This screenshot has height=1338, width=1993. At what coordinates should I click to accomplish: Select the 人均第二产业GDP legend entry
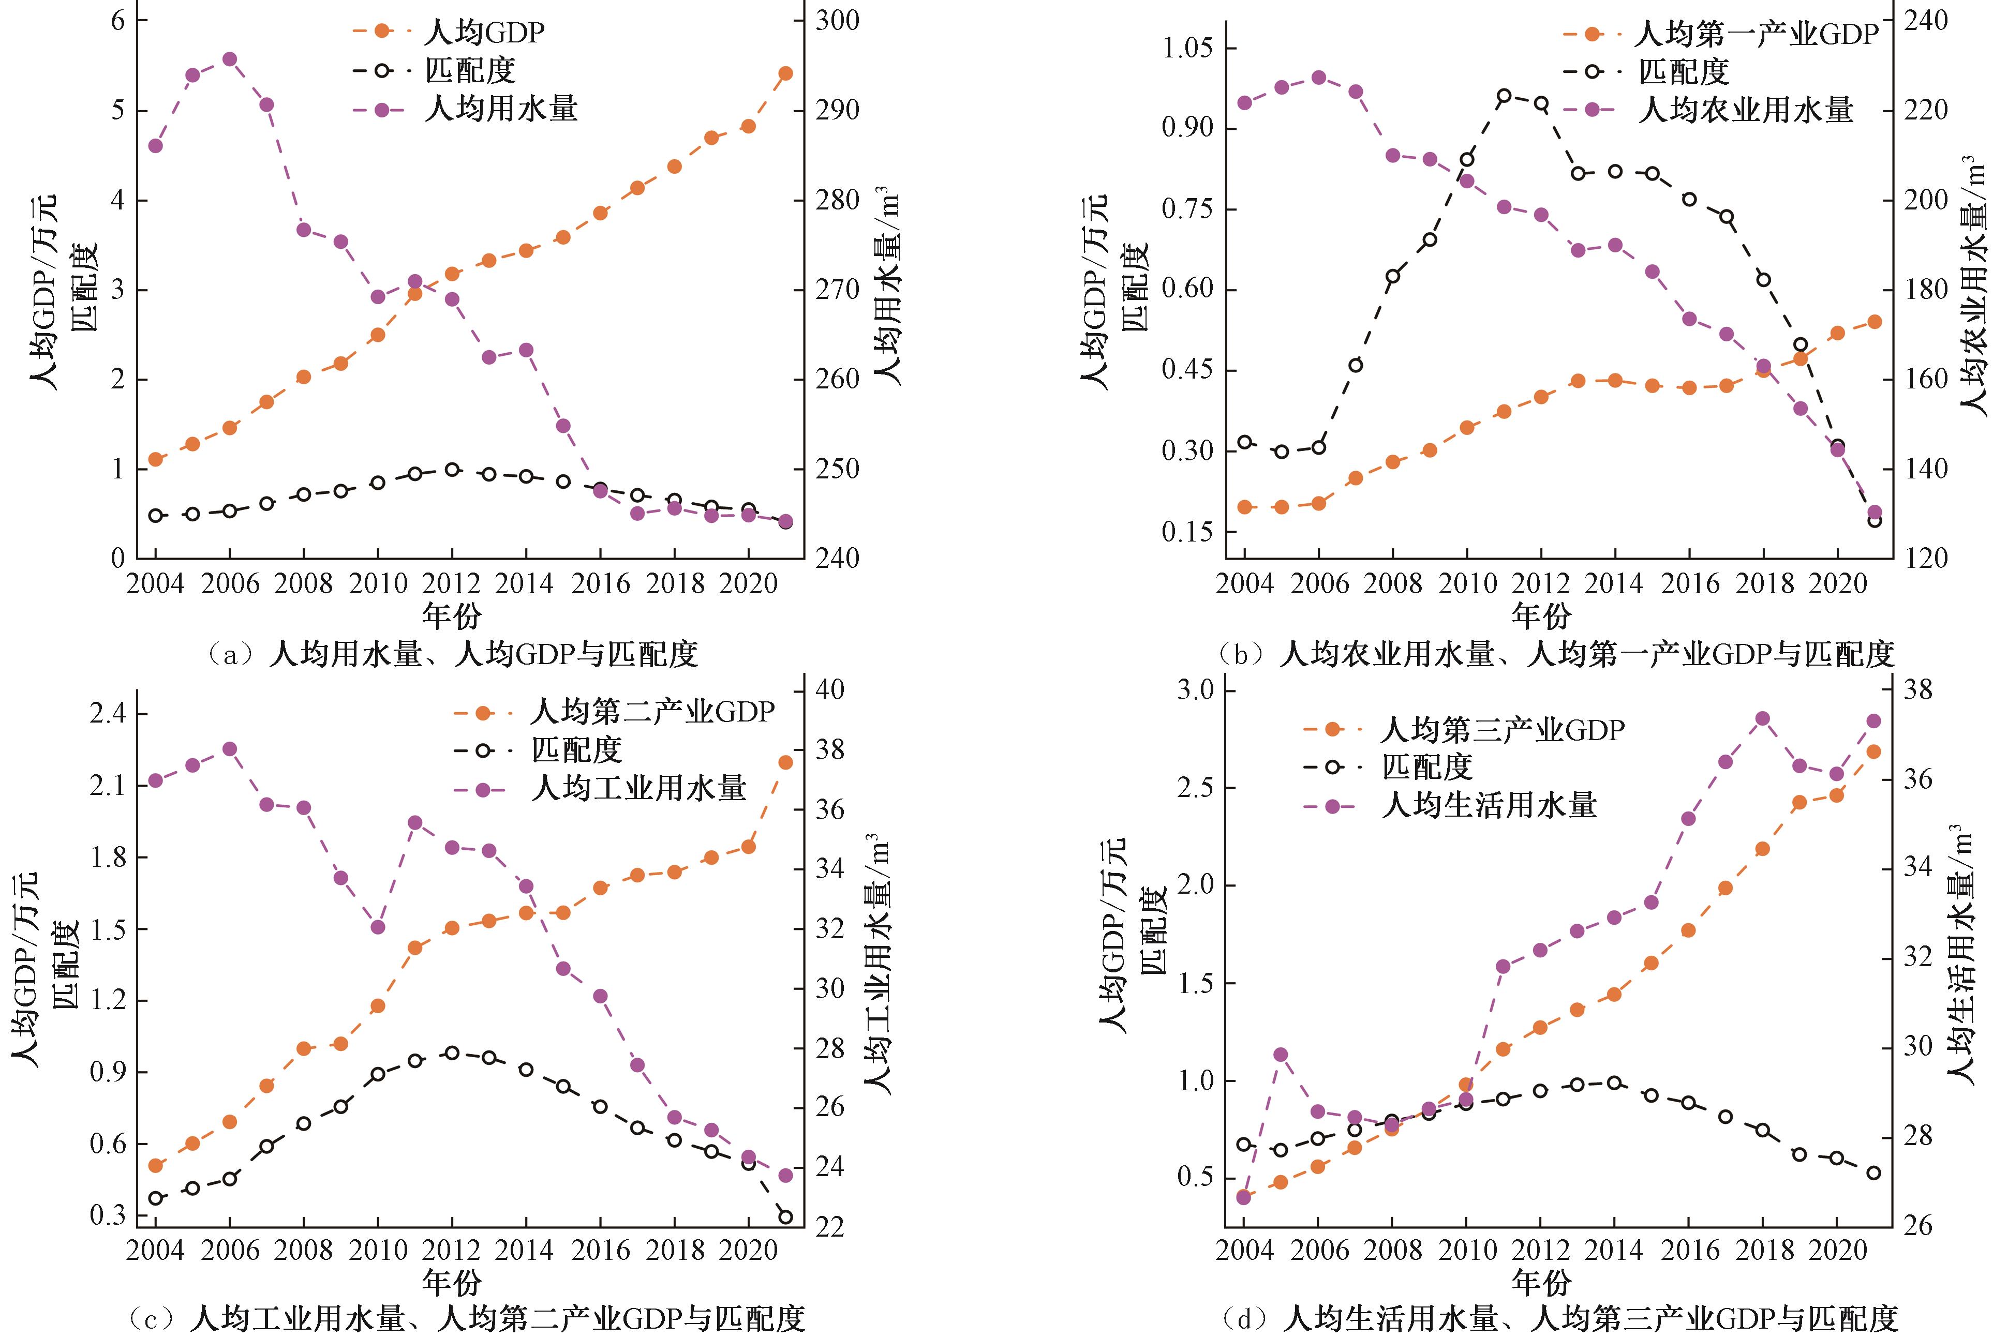tap(652, 712)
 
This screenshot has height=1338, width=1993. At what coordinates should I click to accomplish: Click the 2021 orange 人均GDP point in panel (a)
tap(785, 73)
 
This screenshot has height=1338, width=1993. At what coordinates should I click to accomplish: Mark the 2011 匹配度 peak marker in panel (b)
tap(1504, 96)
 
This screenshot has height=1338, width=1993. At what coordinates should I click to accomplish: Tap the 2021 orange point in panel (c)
tap(785, 762)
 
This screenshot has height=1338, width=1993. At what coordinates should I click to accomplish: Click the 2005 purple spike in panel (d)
tap(1281, 1055)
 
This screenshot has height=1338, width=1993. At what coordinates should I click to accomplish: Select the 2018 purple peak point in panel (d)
tap(1762, 718)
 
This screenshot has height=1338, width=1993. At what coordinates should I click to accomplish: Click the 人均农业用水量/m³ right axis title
tap(1972, 286)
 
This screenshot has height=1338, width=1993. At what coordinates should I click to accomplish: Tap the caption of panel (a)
tap(452, 654)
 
